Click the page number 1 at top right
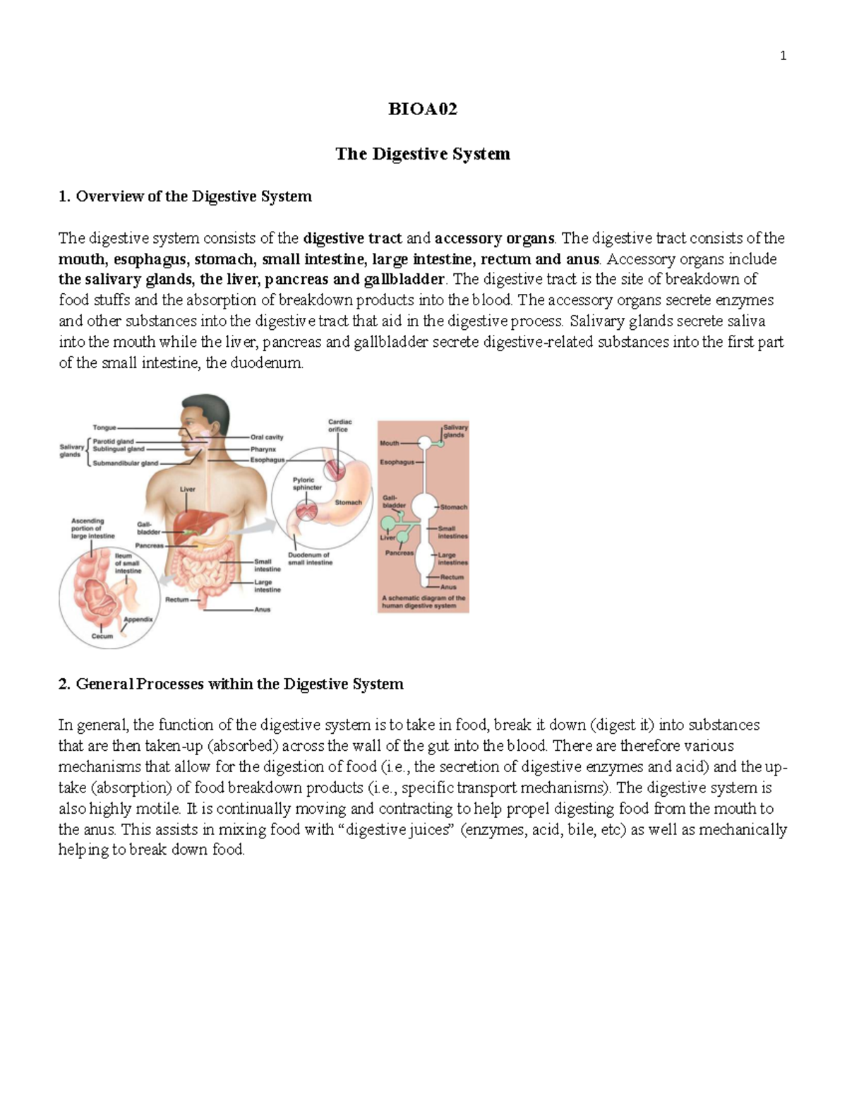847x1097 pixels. pyautogui.click(x=783, y=56)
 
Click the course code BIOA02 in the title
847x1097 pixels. pyautogui.click(x=423, y=109)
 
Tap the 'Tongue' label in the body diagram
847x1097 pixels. pyautogui.click(x=104, y=427)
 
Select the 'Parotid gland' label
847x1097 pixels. pyautogui.click(x=113, y=441)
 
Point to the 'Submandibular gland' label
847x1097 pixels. pyautogui.click(x=126, y=463)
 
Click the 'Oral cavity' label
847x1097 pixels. pyautogui.click(x=267, y=437)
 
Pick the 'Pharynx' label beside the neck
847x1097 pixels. pyautogui.click(x=263, y=449)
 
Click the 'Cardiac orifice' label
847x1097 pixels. pyautogui.click(x=339, y=425)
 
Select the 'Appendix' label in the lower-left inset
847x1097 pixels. pyautogui.click(x=138, y=619)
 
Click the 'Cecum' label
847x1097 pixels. pyautogui.click(x=102, y=636)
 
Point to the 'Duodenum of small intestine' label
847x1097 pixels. pyautogui.click(x=310, y=559)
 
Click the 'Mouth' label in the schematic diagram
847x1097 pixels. pyautogui.click(x=390, y=444)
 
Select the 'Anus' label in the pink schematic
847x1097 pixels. pyautogui.click(x=448, y=587)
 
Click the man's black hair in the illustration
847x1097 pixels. pyautogui.click(x=209, y=408)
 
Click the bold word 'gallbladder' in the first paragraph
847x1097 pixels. pyautogui.click(x=404, y=279)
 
